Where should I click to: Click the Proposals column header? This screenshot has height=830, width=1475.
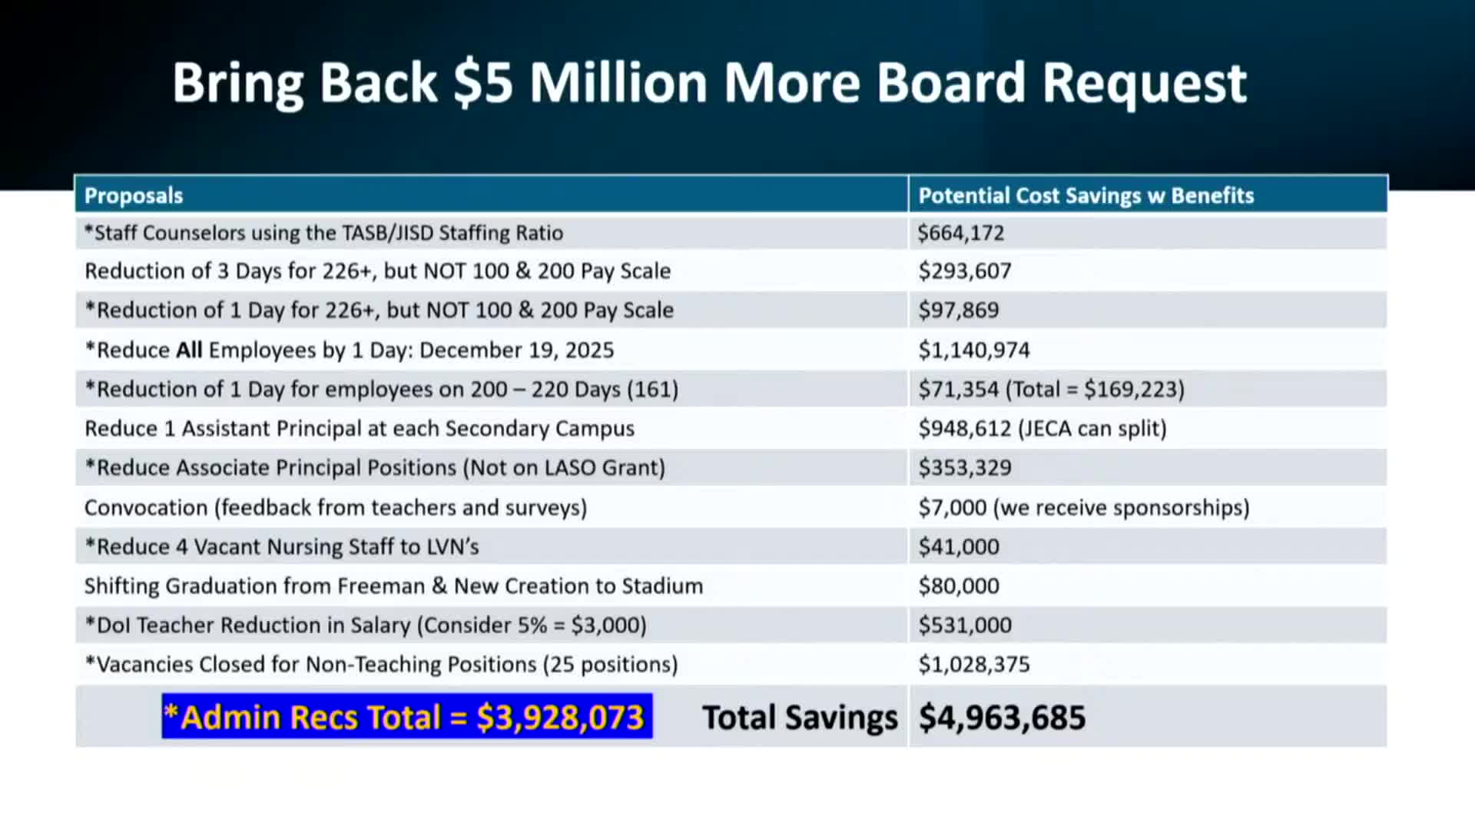point(134,196)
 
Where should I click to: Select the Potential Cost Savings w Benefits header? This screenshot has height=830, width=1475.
point(1086,196)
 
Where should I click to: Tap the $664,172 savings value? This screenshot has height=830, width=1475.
point(960,233)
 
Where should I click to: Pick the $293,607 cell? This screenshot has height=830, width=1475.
point(965,271)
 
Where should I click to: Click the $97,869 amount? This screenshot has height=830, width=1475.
point(959,310)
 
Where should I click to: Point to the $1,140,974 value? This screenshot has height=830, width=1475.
point(974,350)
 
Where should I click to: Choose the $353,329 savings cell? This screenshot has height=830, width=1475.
point(965,468)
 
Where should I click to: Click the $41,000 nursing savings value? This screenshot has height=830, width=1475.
point(959,547)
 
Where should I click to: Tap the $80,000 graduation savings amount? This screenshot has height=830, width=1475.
point(959,586)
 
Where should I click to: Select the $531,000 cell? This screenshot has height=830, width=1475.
point(965,626)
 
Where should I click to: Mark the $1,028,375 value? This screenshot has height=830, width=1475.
point(974,665)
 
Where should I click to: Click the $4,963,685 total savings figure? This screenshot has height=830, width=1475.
point(1002,718)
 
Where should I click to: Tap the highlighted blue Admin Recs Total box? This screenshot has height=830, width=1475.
point(406,717)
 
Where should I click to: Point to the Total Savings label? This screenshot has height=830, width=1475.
point(799,718)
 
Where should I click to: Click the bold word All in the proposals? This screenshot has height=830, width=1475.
point(189,350)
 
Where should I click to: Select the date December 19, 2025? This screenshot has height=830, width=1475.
point(516,350)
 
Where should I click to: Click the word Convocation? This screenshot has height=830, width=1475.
point(146,508)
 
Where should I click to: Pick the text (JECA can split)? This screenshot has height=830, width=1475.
point(1092,429)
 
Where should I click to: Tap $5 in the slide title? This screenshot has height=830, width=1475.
point(482,83)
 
